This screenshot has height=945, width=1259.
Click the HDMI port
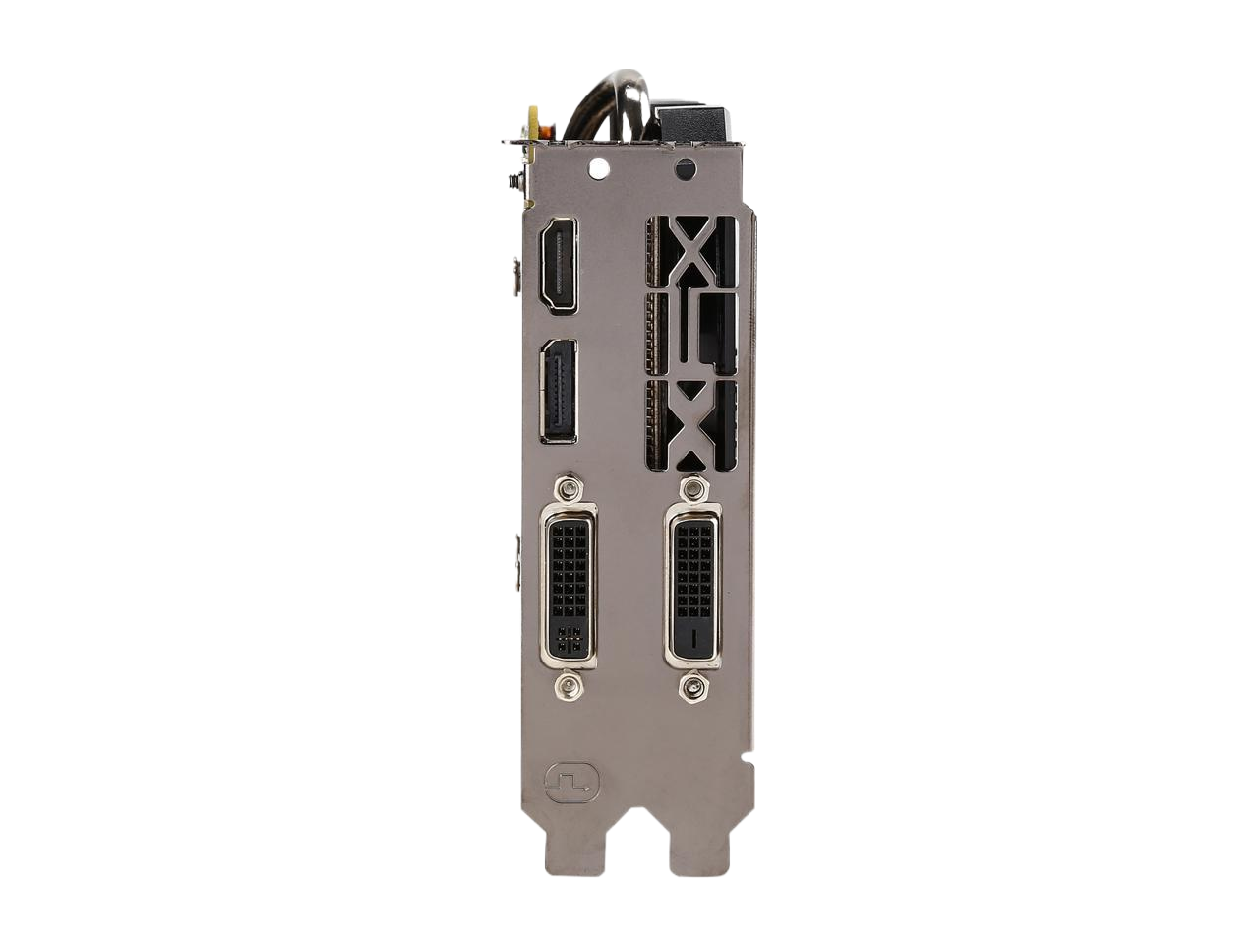coord(558,265)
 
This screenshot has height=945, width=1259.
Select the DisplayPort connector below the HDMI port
coord(559,392)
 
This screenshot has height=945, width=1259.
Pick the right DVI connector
coord(692,587)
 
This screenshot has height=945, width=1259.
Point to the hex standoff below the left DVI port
coord(568,686)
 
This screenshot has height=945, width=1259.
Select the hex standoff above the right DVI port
coord(692,488)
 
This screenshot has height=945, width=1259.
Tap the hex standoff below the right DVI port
coord(693,686)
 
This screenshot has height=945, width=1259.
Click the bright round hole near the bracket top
coord(598,168)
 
